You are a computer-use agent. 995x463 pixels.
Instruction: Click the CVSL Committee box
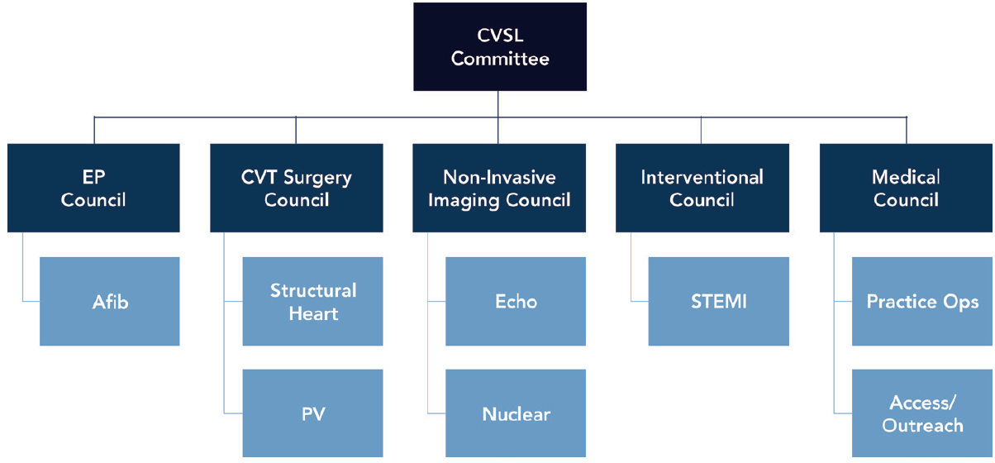500,47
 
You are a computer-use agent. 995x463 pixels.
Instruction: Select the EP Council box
93,188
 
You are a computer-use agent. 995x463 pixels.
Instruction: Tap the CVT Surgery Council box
297,188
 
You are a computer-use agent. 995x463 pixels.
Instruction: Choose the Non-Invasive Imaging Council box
499,188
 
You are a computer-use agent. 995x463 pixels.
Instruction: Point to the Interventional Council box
702,188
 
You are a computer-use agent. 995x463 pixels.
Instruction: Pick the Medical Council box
907,188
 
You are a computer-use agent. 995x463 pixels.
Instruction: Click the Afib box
110,302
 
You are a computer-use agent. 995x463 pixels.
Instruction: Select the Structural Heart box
313,302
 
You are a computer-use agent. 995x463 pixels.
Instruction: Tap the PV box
313,413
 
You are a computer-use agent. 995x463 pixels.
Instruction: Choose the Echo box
516,302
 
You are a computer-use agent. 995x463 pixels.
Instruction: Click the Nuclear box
516,413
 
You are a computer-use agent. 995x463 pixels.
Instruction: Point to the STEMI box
719,302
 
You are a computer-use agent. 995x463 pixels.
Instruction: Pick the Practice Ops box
922,302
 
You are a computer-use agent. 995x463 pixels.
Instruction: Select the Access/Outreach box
922,413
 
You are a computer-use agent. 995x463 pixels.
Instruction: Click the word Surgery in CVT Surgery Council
318,177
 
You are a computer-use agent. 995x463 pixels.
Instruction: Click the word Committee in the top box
500,59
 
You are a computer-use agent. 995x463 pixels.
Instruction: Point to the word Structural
313,291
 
